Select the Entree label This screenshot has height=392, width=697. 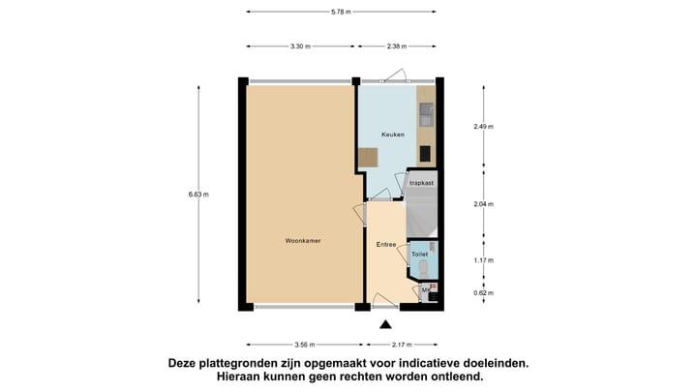(x=386, y=245)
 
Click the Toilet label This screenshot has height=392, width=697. (x=420, y=255)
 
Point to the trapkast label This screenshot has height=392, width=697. (x=421, y=182)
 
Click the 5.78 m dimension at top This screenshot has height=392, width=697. (x=341, y=12)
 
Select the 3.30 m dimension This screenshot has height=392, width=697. (x=300, y=45)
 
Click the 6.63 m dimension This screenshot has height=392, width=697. (x=198, y=195)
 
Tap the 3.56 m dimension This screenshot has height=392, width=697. (x=304, y=345)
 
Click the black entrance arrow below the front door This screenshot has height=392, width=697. (x=386, y=325)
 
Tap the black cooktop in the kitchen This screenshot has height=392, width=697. (x=426, y=153)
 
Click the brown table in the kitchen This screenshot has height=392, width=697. (x=368, y=158)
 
